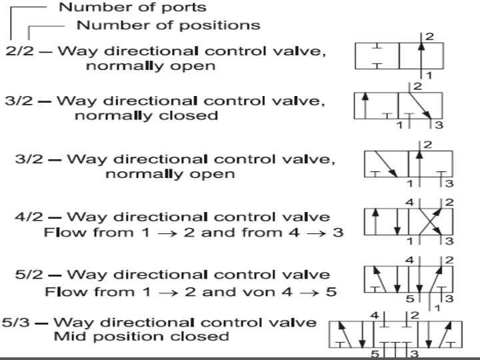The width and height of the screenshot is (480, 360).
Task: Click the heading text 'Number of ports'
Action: [x=133, y=8]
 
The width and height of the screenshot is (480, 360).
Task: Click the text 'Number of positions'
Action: [x=169, y=25]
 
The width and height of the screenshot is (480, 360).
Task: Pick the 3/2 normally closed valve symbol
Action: [x=398, y=105]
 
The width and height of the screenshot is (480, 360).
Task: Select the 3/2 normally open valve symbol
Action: [x=408, y=163]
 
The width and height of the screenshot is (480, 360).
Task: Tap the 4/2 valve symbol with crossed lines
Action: [x=408, y=221]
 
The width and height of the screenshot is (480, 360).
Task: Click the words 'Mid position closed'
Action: [x=141, y=336]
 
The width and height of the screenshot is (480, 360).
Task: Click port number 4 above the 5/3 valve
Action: [x=375, y=314]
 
